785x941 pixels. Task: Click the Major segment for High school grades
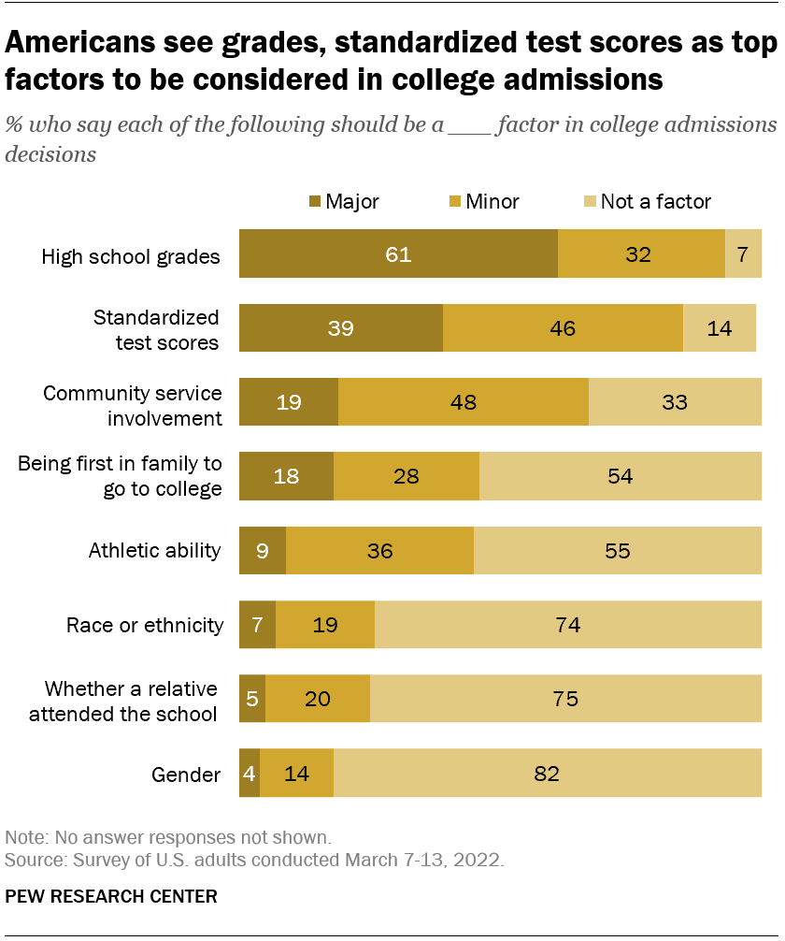[x=398, y=254]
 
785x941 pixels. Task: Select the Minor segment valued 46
[x=563, y=328]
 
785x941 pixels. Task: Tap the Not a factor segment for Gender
[x=548, y=774]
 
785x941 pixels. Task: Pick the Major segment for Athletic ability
[x=263, y=551]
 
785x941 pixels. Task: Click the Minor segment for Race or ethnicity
[x=325, y=625]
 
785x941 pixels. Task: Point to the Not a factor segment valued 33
[x=675, y=402]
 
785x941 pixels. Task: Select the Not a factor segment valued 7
[x=743, y=254]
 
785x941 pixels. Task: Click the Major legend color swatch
[x=315, y=201]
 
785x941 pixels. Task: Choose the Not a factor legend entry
[x=654, y=201]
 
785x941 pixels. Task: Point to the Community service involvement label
[x=133, y=404]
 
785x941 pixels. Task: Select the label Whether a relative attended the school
[x=131, y=702]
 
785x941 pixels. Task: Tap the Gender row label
[x=186, y=775]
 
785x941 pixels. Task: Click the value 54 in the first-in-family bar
[x=620, y=477]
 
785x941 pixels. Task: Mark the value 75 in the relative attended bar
[x=565, y=699]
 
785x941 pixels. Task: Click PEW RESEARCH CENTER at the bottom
[x=111, y=896]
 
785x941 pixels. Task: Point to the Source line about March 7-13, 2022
[x=254, y=860]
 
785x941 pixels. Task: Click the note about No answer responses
[x=168, y=837]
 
